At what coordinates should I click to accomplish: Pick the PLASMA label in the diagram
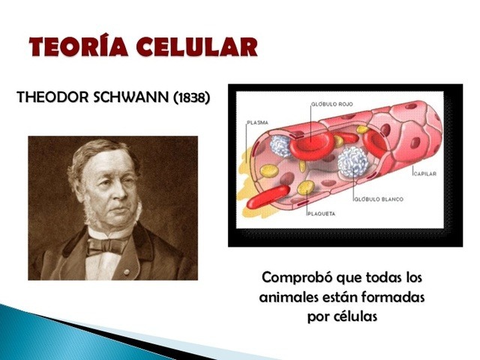click(257, 122)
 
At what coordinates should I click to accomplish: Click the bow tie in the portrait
click(106, 244)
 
